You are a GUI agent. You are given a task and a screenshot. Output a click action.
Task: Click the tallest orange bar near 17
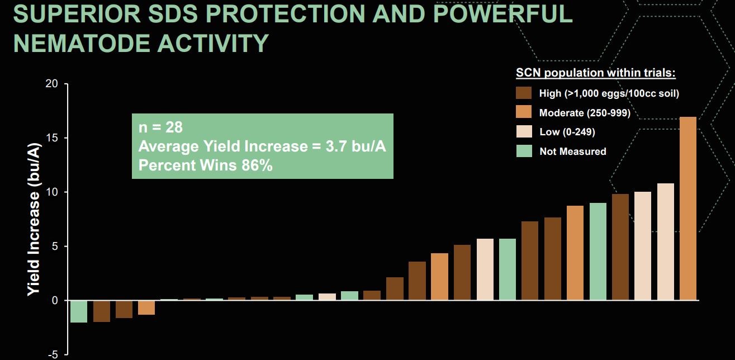click(x=688, y=209)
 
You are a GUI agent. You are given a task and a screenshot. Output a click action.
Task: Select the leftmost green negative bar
click(x=79, y=311)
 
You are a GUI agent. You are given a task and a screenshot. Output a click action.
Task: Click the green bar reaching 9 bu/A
click(x=598, y=252)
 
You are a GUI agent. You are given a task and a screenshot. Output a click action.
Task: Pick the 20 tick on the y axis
click(x=51, y=84)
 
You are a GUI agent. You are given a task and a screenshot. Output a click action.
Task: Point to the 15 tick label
click(x=51, y=138)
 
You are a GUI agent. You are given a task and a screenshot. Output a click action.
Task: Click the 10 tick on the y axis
click(x=51, y=192)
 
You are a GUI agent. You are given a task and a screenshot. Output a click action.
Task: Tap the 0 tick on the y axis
click(x=54, y=301)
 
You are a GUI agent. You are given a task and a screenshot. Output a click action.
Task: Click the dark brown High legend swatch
click(x=524, y=93)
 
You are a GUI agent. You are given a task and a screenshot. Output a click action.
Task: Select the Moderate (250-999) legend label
click(x=585, y=113)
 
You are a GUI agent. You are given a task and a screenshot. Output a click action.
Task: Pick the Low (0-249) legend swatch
click(x=524, y=132)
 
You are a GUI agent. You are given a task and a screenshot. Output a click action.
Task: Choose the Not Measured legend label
click(x=572, y=151)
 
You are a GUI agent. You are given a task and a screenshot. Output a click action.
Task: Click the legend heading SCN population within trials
click(x=596, y=73)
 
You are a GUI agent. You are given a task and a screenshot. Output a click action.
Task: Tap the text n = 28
click(x=160, y=127)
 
